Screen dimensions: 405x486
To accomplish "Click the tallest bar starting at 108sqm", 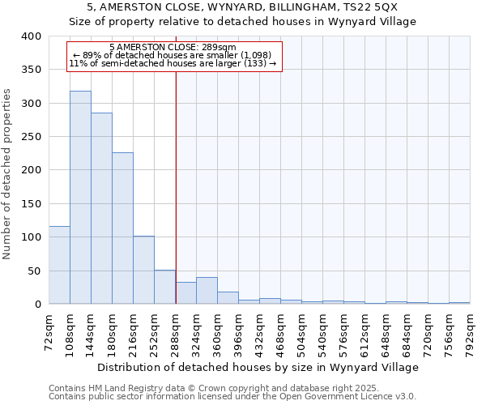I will click(80, 198).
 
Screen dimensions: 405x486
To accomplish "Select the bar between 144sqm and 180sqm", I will click(101, 208).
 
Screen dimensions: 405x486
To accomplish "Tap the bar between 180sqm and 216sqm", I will click(122, 228).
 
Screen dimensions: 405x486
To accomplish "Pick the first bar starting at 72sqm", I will click(59, 265).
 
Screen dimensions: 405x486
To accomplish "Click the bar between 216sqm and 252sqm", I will click(143, 270).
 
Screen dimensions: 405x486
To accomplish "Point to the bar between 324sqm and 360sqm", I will click(207, 291).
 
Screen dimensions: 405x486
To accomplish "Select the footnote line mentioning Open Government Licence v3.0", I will click(232, 396).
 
